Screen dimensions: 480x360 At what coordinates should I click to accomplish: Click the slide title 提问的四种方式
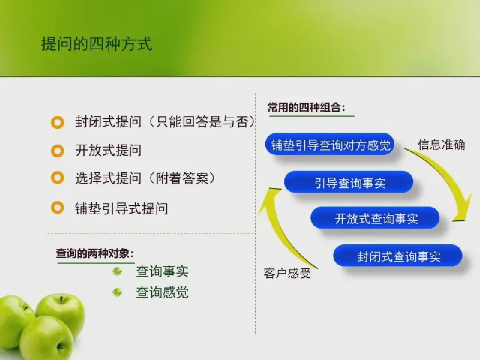[x=97, y=44]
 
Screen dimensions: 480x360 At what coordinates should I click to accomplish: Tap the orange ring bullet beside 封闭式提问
[x=58, y=122]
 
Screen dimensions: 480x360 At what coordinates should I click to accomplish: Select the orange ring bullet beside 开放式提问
[x=58, y=151]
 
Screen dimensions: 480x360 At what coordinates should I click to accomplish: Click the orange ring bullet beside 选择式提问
[x=58, y=178]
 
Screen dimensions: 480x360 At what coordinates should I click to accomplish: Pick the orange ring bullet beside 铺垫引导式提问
[x=58, y=208]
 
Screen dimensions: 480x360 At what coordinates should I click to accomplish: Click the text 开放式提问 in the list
[x=109, y=151]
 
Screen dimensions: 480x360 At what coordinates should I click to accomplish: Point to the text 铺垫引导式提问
[x=122, y=208]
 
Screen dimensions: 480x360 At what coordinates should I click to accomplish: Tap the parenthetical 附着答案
[x=182, y=178]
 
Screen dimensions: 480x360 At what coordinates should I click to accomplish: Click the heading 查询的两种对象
[x=95, y=253]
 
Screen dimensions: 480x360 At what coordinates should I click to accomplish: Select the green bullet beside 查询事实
[x=117, y=271]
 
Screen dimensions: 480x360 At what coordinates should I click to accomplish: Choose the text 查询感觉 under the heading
[x=162, y=292]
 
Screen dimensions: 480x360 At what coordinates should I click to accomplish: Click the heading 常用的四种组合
[x=307, y=107]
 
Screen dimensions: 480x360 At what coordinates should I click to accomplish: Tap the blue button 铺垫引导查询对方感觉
[x=329, y=145]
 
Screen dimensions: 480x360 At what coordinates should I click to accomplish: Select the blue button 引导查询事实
[x=349, y=182]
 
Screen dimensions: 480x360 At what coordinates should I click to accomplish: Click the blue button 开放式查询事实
[x=374, y=218]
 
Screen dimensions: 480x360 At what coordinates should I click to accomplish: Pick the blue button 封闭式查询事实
[x=398, y=256]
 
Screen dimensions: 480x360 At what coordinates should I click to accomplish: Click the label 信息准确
[x=442, y=145]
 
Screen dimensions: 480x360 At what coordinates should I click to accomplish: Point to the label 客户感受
[x=287, y=273]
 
